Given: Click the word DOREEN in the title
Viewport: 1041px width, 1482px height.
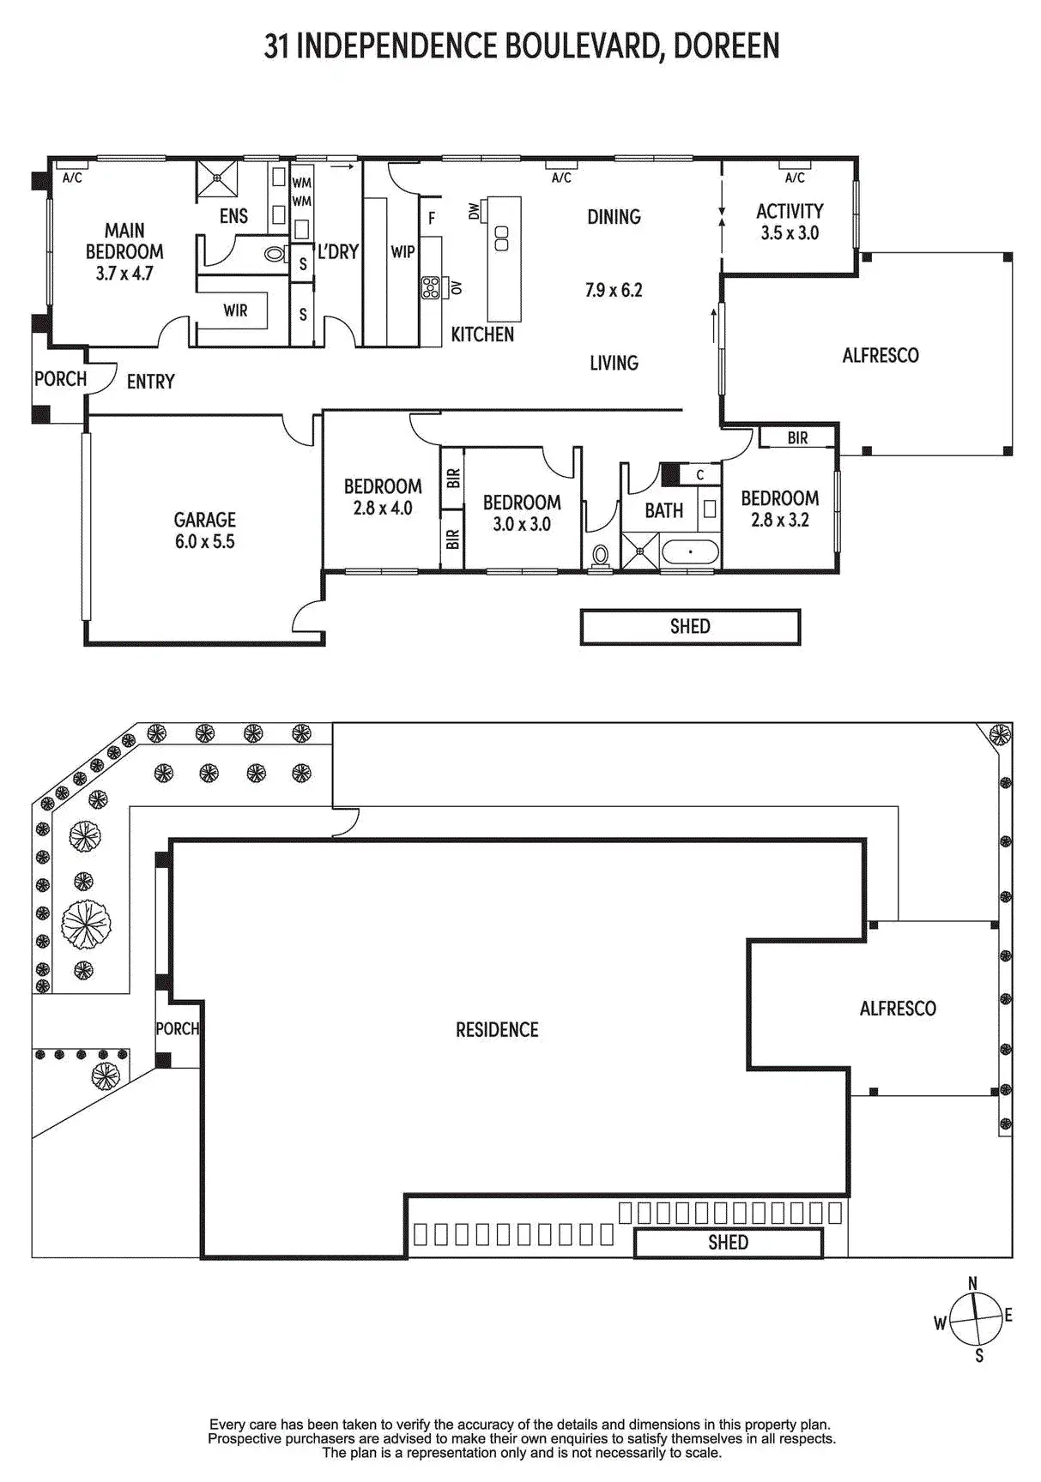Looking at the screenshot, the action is coord(726,46).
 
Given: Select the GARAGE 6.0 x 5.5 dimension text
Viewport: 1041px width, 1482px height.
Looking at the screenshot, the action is coord(204,541).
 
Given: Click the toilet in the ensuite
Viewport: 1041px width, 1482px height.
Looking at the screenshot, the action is coord(275,254).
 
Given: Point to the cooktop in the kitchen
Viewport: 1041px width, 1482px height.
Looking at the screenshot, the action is coord(431,286).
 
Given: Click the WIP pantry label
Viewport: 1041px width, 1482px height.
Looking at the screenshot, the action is coord(402,252).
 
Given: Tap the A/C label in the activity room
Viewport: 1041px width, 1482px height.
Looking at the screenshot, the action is coord(795,178).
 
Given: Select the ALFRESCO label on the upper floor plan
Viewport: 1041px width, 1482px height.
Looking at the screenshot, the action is coord(881,355).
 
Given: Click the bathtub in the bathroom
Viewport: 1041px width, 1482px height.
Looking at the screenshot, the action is coord(690,551).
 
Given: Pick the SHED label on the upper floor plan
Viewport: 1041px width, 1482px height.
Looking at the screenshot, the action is coord(690,626).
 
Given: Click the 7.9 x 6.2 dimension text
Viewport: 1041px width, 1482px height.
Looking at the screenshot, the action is coord(614,290).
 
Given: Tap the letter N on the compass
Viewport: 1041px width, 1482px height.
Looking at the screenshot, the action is coord(972,1283).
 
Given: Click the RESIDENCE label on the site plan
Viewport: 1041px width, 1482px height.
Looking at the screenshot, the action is coord(497,1029).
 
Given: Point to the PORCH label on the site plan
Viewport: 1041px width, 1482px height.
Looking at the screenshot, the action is coord(177,1028).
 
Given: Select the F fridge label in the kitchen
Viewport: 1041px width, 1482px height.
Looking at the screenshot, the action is coord(432,219).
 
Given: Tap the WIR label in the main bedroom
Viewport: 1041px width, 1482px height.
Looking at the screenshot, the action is coord(235,310).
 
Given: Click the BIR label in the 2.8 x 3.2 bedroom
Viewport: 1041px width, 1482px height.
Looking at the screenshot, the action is coord(797,438).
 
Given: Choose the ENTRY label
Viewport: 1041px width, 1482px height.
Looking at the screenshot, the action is coord(151,382).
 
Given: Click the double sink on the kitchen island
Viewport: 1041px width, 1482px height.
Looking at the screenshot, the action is coord(503,238).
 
